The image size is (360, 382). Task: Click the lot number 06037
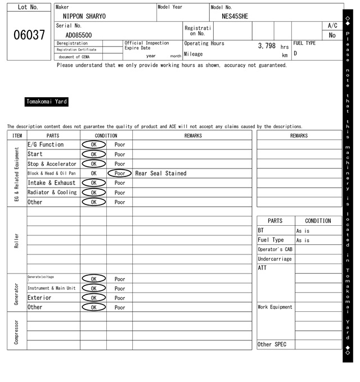coord(29,35)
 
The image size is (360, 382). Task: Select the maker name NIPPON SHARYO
coord(84,16)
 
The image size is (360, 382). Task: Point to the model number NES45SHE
coord(235,16)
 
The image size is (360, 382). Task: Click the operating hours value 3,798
coord(267,46)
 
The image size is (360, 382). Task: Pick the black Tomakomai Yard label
coord(47,102)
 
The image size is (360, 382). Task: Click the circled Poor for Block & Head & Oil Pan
coord(120,174)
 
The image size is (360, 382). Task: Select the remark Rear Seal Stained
coord(161,174)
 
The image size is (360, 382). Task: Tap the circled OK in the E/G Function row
coord(93,145)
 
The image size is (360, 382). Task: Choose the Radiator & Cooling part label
coord(52,193)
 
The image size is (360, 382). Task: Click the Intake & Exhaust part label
coord(51,183)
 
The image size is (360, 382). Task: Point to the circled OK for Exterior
coord(93,298)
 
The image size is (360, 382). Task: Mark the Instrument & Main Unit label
coord(51,288)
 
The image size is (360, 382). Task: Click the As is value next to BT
coord(303,231)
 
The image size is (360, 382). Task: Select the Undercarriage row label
coord(274,259)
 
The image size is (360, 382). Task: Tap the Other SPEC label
coord(272,344)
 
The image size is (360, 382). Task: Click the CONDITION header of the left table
coord(106,135)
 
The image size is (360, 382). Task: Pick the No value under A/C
coord(332,35)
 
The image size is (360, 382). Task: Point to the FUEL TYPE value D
coord(295,54)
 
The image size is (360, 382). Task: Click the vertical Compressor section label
coord(16,331)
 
